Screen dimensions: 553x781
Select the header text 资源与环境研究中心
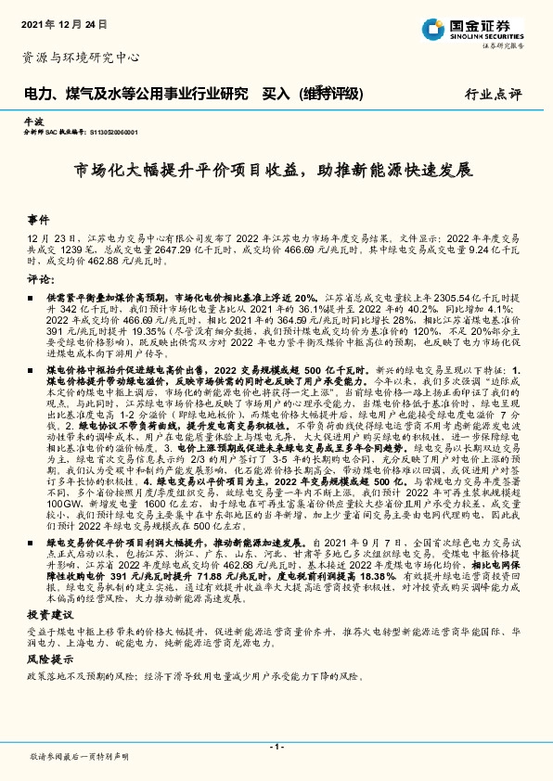[81, 58]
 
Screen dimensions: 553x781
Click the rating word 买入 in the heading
[276, 94]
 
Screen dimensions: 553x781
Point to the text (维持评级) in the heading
[331, 94]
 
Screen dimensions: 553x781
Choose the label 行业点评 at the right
[493, 95]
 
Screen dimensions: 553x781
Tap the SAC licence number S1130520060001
[112, 133]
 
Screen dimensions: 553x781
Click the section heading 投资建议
[46, 589]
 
